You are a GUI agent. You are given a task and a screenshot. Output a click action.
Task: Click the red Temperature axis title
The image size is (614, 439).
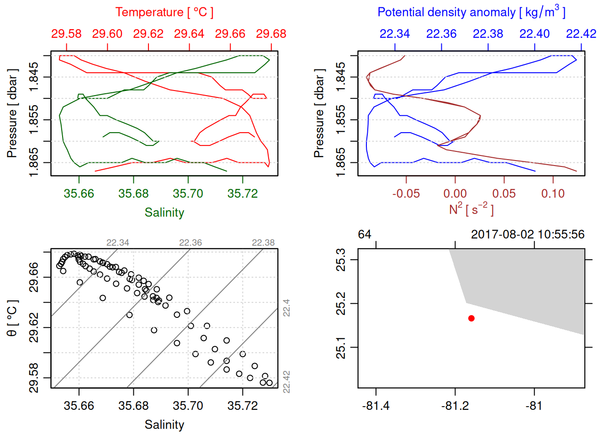point(164,12)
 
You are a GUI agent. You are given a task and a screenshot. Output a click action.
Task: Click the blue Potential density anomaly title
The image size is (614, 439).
point(471,12)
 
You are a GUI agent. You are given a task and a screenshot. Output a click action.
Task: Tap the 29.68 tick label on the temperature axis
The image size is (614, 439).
point(271,34)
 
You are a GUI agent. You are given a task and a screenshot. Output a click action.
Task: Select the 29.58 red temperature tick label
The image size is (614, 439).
point(66,34)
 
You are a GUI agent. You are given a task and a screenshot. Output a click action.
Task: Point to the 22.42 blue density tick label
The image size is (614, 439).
point(581,34)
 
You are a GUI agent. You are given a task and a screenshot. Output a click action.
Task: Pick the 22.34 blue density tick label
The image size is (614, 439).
point(395,34)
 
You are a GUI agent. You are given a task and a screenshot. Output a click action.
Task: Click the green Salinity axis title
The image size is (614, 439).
point(164,213)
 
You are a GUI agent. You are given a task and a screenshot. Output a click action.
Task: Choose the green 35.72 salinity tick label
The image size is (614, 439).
point(243,193)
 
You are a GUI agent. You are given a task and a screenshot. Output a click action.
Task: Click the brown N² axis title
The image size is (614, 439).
point(471,209)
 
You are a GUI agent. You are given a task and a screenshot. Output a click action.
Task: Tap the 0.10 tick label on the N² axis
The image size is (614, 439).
point(553,193)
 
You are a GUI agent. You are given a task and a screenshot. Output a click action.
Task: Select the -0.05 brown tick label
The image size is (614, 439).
point(406,193)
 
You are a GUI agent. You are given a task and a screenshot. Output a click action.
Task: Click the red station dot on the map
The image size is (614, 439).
point(471,318)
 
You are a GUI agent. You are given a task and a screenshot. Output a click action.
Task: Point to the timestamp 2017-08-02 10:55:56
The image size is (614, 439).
point(528,235)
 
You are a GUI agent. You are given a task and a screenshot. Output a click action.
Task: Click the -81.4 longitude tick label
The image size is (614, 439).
point(376,406)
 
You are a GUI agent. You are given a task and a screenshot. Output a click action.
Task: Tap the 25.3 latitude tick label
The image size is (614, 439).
point(341,260)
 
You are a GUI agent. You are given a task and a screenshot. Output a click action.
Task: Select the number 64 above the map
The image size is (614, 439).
point(365,235)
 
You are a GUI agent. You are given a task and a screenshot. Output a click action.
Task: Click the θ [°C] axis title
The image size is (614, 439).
point(12,318)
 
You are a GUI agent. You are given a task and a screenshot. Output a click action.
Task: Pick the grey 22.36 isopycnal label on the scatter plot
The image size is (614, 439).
point(191,243)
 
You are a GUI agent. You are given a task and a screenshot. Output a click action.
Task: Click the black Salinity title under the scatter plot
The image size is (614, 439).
point(164,425)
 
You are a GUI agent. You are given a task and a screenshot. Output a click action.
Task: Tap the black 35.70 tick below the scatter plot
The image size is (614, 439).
point(188,406)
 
